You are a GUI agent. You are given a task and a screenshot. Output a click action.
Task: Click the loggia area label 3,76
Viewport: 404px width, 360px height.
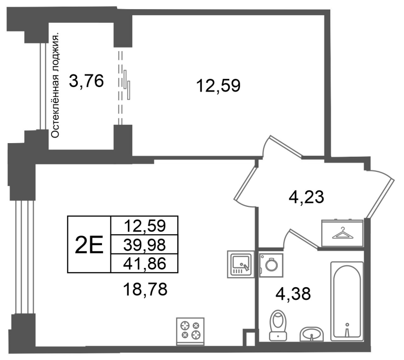(x=86, y=81)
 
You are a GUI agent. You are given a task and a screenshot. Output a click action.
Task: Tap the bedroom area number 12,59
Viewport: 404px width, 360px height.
(x=218, y=85)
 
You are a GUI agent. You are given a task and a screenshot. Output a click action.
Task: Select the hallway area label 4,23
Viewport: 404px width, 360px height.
(x=306, y=198)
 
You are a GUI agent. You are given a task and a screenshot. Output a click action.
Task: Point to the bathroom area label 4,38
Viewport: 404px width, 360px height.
(x=293, y=294)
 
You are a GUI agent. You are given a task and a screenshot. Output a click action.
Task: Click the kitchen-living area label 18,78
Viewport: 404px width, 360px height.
(x=145, y=289)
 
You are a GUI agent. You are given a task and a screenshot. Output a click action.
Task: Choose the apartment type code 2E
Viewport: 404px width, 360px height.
(x=89, y=245)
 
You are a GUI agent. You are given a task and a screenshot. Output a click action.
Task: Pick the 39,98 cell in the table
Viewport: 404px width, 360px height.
(x=144, y=245)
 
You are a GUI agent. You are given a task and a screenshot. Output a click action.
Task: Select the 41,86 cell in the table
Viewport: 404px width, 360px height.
(x=144, y=263)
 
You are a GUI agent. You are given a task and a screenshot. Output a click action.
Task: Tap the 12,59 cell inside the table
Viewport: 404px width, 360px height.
(x=144, y=226)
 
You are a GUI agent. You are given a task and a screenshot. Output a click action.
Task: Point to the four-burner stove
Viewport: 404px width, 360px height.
(x=190, y=331)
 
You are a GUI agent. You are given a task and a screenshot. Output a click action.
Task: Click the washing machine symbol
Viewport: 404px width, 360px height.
(x=271, y=265)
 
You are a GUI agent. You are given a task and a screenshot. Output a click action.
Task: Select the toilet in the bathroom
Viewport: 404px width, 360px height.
(x=278, y=325)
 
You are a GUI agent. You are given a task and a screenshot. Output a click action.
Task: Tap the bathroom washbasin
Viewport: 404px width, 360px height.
(x=312, y=334)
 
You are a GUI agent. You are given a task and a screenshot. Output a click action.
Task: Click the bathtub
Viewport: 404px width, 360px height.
(x=347, y=301)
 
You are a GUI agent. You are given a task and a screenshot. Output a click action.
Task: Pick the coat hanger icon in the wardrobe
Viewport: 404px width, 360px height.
(x=342, y=233)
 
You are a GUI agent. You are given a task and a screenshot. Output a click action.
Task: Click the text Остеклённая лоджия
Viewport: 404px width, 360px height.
(x=55, y=85)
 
